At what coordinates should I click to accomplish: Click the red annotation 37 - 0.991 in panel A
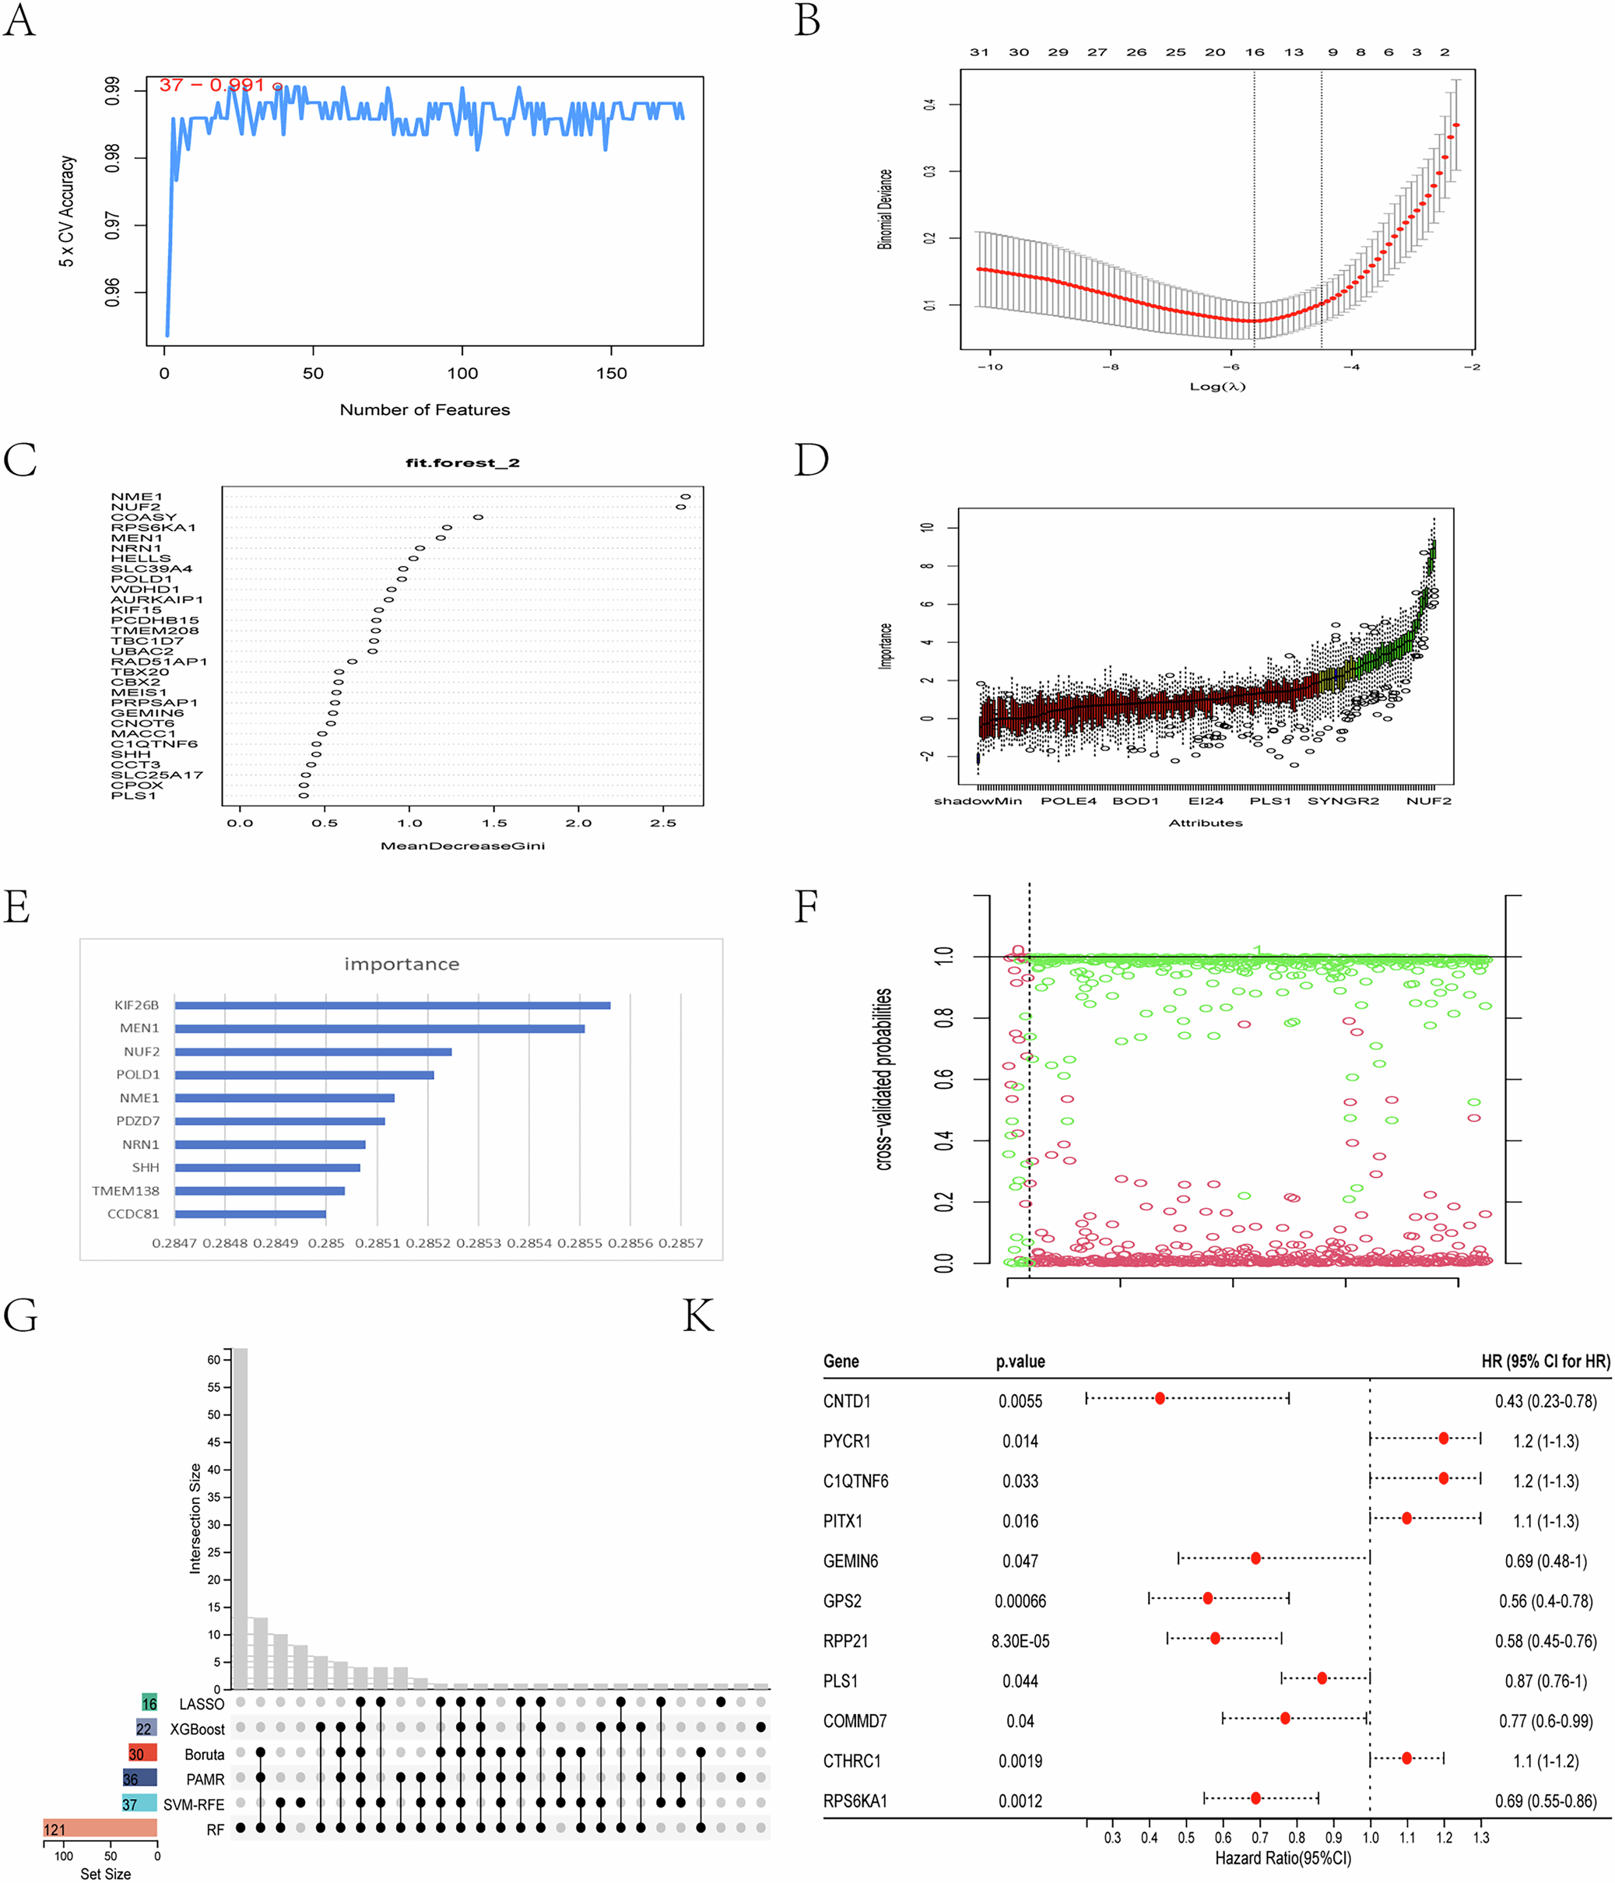click(212, 86)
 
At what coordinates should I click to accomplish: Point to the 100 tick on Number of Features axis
click(462, 373)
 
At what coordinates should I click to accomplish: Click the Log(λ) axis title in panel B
click(1217, 386)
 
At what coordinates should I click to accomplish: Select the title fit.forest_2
click(462, 462)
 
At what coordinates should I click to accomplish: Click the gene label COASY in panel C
click(143, 517)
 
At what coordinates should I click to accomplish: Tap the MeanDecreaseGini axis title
click(462, 846)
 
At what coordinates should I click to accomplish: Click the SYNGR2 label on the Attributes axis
click(1343, 801)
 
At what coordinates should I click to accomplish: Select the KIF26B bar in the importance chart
click(391, 1005)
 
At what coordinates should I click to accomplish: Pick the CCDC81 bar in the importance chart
click(250, 1214)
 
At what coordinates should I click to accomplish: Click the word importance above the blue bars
click(402, 964)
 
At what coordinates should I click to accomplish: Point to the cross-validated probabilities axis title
click(884, 1079)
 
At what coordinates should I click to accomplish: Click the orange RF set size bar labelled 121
click(100, 1829)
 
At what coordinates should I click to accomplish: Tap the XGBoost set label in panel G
click(196, 1730)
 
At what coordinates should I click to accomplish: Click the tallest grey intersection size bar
click(240, 1518)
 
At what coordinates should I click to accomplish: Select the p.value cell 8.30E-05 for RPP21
click(1020, 1641)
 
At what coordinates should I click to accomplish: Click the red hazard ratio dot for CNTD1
click(1160, 1398)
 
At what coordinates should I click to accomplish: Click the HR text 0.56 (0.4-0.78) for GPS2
click(1545, 1601)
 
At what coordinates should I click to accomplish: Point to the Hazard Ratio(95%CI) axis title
click(1283, 1858)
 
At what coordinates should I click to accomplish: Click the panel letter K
click(698, 1316)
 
